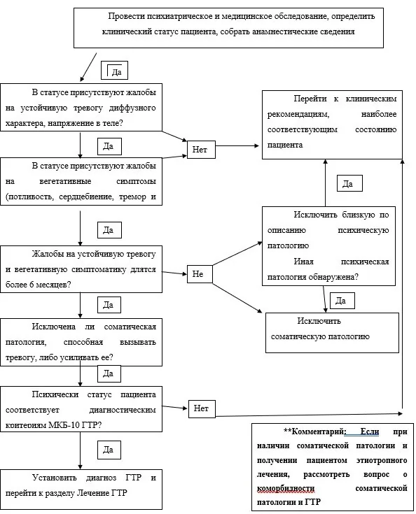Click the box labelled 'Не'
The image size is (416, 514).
[x=200, y=274]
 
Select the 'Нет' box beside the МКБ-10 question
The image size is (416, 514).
[x=202, y=408]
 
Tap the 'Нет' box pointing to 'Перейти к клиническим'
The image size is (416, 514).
[x=201, y=150]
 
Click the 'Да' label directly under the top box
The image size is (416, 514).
[x=114, y=71]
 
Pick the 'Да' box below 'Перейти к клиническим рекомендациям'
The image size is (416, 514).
[x=349, y=183]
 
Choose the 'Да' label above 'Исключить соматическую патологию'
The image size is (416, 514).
[x=342, y=301]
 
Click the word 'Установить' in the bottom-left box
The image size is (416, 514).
[x=55, y=478]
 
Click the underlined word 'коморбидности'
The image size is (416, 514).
[x=286, y=488]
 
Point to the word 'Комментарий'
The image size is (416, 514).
[x=318, y=431]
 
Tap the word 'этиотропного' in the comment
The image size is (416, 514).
[x=382, y=460]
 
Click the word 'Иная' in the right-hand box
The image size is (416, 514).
[x=303, y=262]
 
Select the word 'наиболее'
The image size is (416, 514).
[x=379, y=115]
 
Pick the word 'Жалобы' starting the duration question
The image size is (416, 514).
[x=47, y=254]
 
